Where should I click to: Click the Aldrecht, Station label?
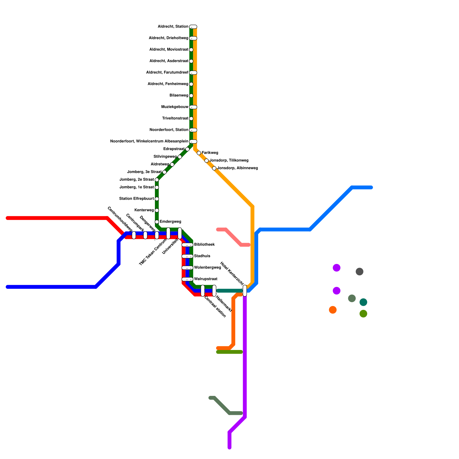(173, 27)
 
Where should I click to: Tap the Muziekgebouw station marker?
(193, 107)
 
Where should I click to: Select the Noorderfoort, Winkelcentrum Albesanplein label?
(149, 141)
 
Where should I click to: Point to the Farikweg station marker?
(199, 153)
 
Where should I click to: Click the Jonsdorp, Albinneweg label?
(238, 168)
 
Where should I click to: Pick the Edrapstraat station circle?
(187, 149)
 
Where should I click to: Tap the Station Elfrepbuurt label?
(137, 199)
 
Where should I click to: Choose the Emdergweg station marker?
(157, 222)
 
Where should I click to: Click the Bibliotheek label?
(204, 245)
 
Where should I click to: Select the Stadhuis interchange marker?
(187, 256)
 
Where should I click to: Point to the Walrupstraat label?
(205, 279)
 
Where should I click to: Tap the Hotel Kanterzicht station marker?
(245, 291)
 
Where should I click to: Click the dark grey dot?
(359, 271)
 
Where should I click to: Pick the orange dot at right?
(333, 310)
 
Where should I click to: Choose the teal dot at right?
(363, 302)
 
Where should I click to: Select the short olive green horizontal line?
(229, 352)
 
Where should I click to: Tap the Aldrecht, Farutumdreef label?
(167, 73)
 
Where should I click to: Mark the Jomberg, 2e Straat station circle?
(157, 180)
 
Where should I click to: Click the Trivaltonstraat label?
(175, 118)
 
